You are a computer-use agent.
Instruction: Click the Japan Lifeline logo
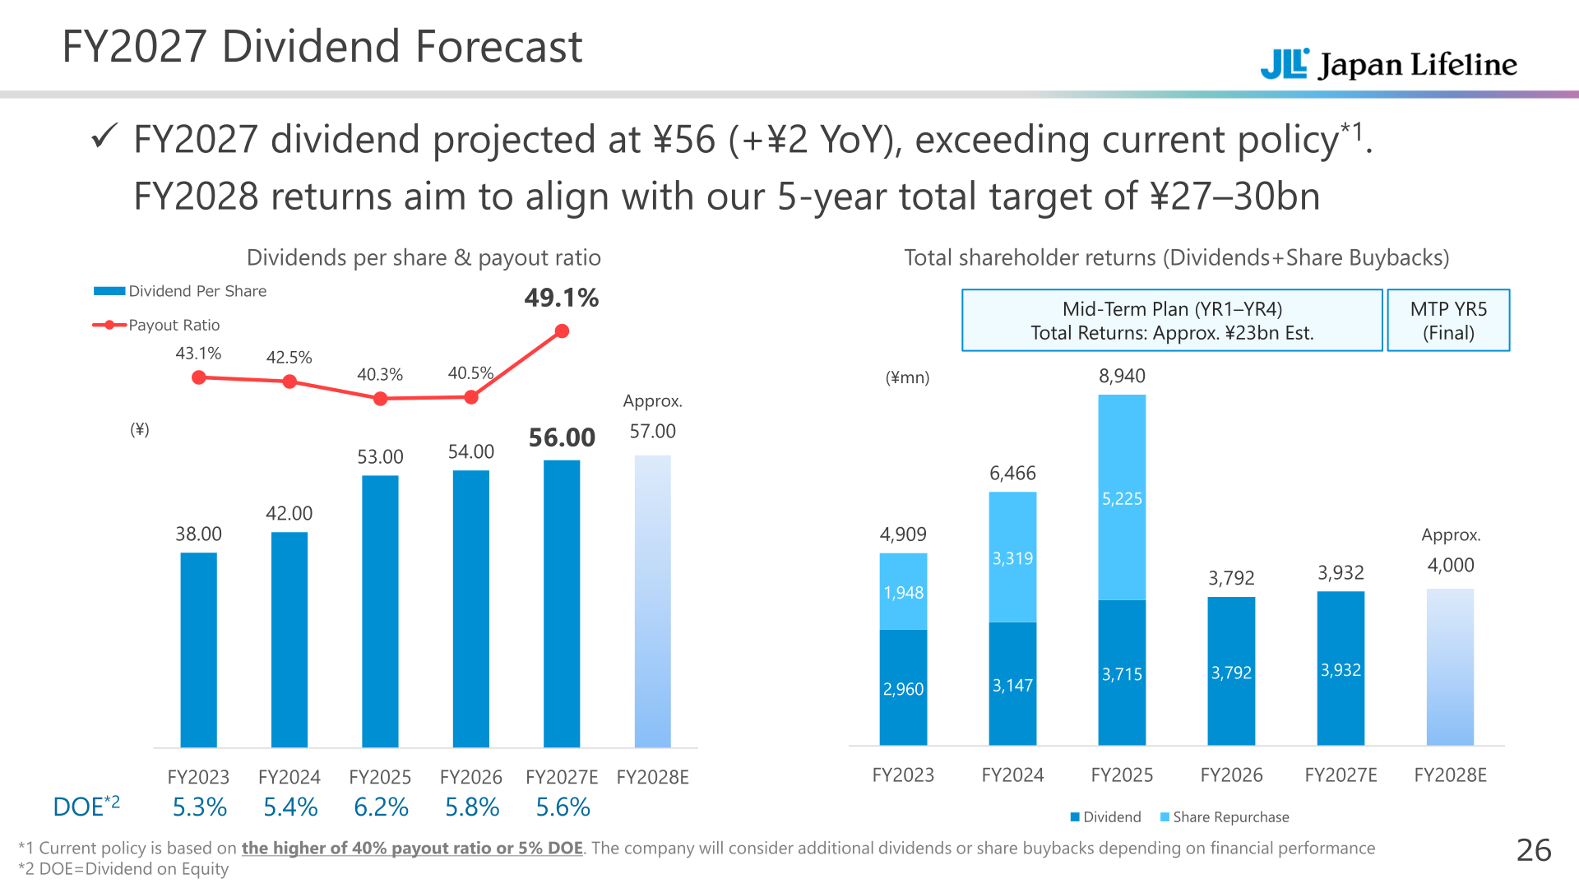click(x=1388, y=64)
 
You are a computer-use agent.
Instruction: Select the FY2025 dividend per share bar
click(x=380, y=611)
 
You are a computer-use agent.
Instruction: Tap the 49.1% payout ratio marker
click(x=562, y=331)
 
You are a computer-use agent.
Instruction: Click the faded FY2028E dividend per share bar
click(x=653, y=601)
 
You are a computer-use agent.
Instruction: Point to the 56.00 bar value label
click(x=562, y=437)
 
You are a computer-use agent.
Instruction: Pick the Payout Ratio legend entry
click(x=156, y=325)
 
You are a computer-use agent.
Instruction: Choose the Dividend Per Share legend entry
click(x=180, y=291)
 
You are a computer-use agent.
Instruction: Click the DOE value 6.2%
click(x=381, y=807)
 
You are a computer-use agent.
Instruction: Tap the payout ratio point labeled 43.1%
click(x=198, y=377)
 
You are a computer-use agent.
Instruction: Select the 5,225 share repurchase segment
click(x=1122, y=497)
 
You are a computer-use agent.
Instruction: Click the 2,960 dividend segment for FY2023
click(x=903, y=687)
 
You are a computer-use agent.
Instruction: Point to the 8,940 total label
click(x=1122, y=376)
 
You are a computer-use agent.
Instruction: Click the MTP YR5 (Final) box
click(x=1448, y=321)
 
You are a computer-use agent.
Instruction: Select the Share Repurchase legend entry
click(x=1225, y=817)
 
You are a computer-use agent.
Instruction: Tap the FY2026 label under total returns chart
click(x=1231, y=775)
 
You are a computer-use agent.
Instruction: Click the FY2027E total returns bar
click(x=1341, y=668)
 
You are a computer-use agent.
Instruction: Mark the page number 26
click(x=1534, y=850)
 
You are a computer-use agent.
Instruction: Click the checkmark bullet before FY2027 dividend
click(x=104, y=136)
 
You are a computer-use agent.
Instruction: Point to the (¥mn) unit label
click(x=907, y=377)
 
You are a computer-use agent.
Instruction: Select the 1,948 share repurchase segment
click(x=903, y=591)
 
